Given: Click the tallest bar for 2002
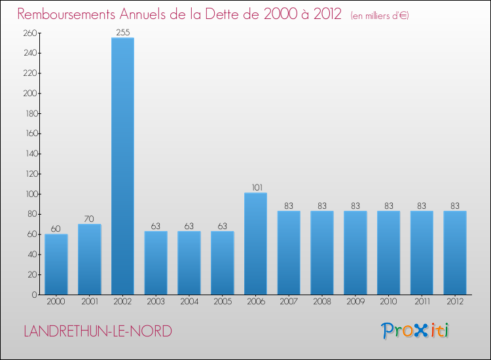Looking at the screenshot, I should coord(122,166).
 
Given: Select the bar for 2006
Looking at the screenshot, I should coord(255,243).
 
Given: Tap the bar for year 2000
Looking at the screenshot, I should coord(56,264).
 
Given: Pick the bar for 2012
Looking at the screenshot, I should coord(455,253).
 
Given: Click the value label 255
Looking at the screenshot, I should coord(122,31).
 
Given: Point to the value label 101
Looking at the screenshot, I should coord(255,187).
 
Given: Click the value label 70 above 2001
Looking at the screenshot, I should coord(90,217).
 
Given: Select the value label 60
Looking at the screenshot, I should coord(56,228).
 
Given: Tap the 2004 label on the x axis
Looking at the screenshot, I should coord(189,302).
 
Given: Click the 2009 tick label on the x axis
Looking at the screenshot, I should coord(355,302).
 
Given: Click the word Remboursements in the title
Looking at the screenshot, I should coord(71,14).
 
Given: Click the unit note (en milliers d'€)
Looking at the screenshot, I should coord(380,16).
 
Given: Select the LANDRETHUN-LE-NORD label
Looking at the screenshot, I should coord(98,331).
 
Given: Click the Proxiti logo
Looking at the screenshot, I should coord(416,331).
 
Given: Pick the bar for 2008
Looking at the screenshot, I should coord(321,253).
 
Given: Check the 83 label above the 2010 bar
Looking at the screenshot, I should coord(388,206).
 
